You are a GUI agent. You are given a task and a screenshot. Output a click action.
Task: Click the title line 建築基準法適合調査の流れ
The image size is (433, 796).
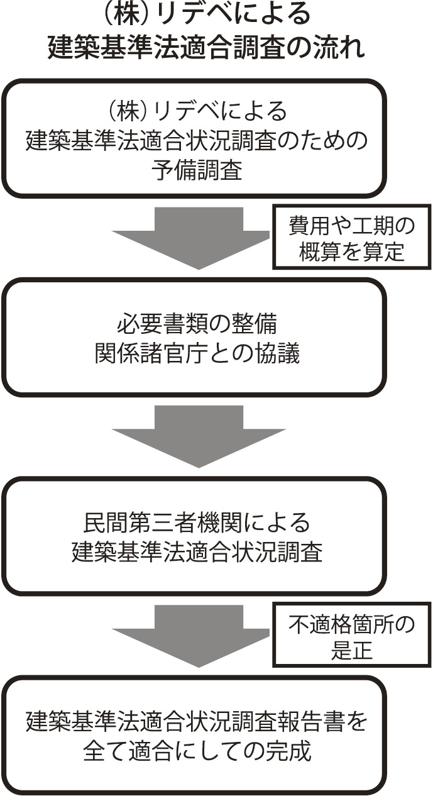(x=206, y=47)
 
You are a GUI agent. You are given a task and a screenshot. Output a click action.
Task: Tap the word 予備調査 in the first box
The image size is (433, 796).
(x=197, y=170)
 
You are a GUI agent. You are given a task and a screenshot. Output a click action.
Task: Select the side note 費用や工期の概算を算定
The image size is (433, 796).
(x=352, y=237)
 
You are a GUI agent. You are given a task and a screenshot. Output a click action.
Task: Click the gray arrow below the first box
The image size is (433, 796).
(x=191, y=238)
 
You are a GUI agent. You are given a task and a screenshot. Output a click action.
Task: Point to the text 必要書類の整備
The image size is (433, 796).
(x=197, y=324)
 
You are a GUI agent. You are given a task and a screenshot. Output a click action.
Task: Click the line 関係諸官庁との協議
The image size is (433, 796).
(x=197, y=353)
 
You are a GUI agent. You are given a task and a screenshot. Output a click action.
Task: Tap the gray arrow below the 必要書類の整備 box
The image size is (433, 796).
(x=199, y=436)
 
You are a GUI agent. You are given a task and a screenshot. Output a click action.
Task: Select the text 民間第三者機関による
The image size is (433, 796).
(x=197, y=522)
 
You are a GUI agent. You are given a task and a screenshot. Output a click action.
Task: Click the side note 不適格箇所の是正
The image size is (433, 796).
(x=352, y=635)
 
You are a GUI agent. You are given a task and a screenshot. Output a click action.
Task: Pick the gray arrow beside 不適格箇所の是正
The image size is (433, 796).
(x=191, y=636)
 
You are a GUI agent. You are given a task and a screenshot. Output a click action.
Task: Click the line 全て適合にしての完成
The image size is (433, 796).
(x=197, y=751)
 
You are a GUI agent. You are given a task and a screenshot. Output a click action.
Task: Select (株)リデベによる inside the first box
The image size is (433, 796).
(x=197, y=111)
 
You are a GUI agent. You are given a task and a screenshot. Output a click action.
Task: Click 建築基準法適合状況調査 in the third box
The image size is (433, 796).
(x=197, y=552)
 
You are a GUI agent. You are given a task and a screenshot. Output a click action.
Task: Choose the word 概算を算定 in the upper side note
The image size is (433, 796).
(x=352, y=252)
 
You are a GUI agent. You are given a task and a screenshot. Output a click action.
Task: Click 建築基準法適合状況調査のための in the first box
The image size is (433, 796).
(x=197, y=140)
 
